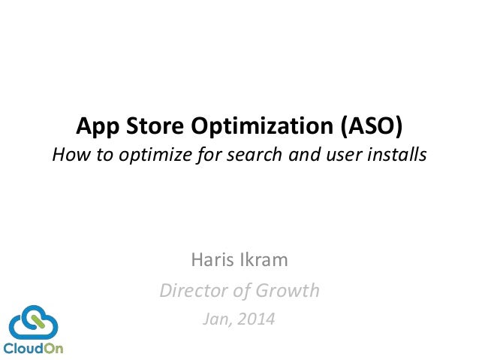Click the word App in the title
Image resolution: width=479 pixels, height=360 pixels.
[x=98, y=126]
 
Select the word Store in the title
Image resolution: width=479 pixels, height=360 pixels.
[x=155, y=126]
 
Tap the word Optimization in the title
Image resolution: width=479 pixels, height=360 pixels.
[x=262, y=126]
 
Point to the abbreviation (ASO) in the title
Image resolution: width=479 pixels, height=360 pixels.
[x=372, y=126]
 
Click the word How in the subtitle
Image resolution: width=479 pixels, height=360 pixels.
[x=71, y=154]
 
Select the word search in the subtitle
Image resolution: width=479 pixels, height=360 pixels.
[x=255, y=154]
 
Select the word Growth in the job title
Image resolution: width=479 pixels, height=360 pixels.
[x=287, y=290]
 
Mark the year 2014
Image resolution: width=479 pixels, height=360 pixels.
[x=256, y=319]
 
